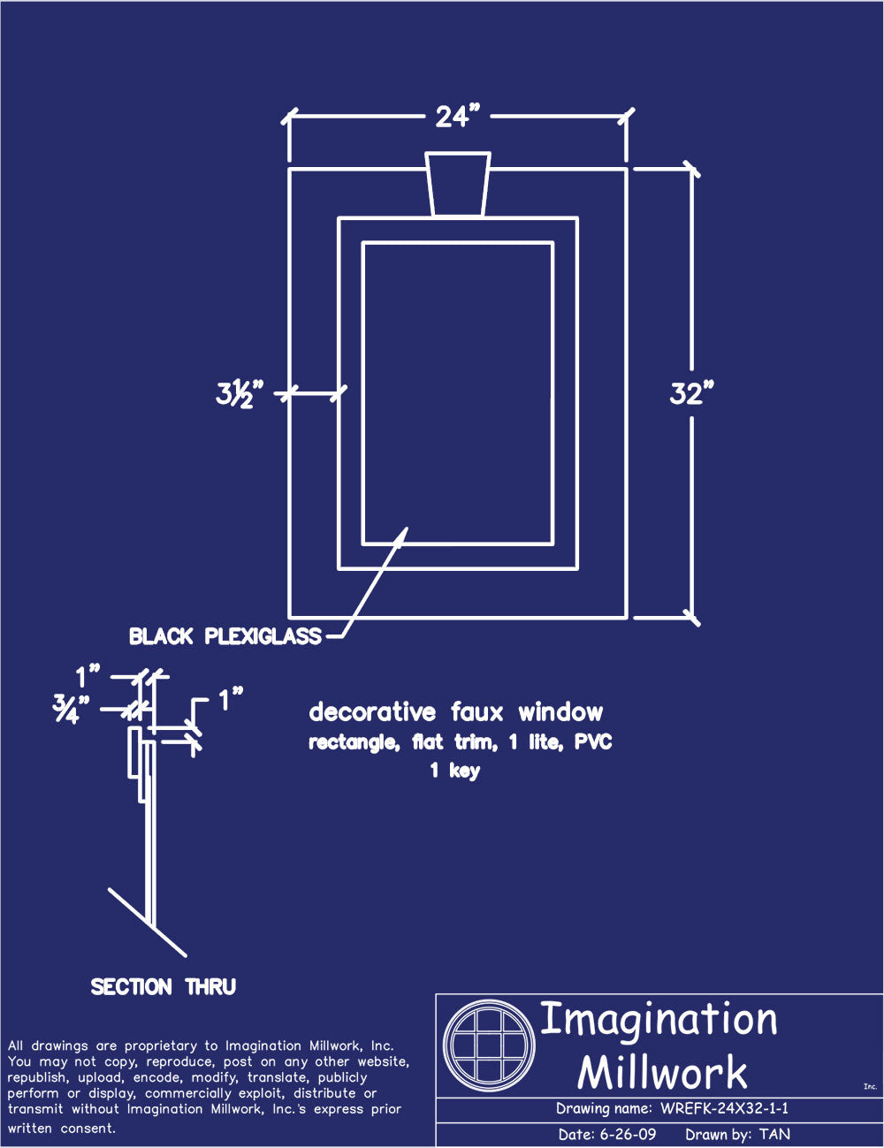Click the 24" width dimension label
click(457, 116)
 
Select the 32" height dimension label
click(690, 392)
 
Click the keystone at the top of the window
click(458, 184)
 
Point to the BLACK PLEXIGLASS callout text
click(225, 636)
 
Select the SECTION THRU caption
click(164, 986)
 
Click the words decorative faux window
click(456, 712)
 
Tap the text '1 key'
click(455, 771)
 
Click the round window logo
click(489, 1045)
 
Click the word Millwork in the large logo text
click(662, 1073)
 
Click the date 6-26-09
click(628, 1135)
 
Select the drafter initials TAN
click(774, 1135)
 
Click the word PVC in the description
click(593, 742)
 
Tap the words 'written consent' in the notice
click(62, 1129)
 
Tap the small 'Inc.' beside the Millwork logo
click(870, 1087)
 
